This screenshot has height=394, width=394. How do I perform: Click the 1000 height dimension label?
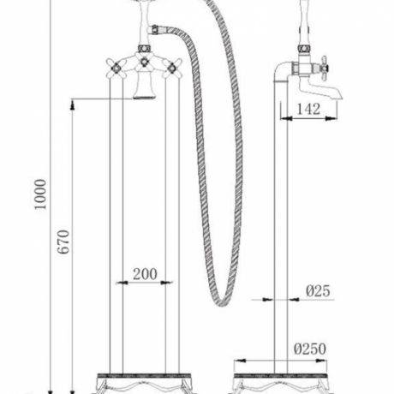[x=40, y=194]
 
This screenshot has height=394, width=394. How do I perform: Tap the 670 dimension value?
[x=63, y=242]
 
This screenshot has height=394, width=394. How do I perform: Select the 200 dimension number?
[x=145, y=274]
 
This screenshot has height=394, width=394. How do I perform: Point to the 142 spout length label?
[x=308, y=109]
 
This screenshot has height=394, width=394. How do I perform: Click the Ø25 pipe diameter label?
[x=318, y=291]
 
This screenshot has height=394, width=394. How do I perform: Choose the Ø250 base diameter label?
[x=310, y=349]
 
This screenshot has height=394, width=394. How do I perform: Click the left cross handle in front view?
[x=116, y=68]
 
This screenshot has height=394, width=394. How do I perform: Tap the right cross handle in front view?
[x=172, y=68]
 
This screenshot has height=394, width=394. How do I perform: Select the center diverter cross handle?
[x=144, y=62]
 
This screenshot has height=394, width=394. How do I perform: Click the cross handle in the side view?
[x=324, y=68]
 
